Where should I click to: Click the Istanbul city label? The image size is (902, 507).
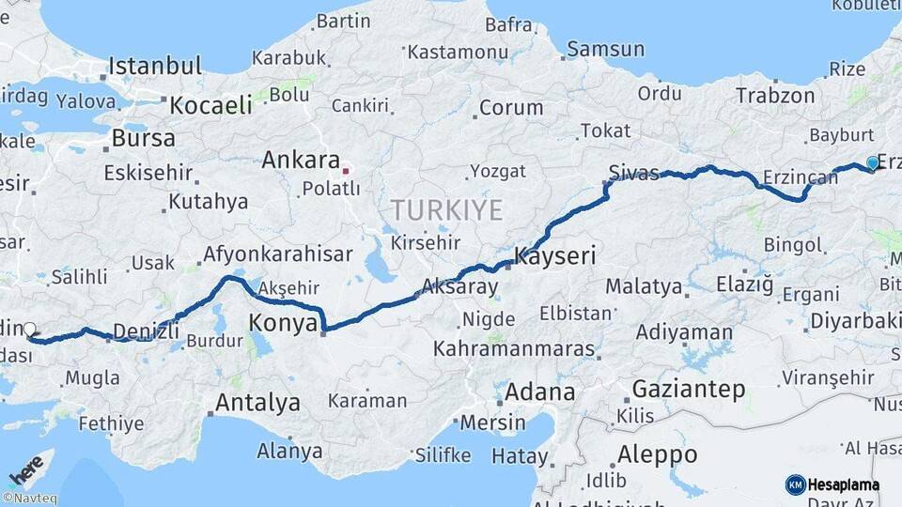155,66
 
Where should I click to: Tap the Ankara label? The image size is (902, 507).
300,160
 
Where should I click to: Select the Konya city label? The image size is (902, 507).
281,324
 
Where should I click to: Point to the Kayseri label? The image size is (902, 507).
555,255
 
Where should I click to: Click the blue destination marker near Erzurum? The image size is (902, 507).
872,162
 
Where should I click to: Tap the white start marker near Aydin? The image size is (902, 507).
29,330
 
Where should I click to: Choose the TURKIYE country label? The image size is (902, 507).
447,209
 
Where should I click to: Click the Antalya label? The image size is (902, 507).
257,404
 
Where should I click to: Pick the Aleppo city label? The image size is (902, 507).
657,455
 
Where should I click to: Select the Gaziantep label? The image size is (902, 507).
689,389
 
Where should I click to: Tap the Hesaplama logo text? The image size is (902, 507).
842,484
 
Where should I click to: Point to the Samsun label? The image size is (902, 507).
605,50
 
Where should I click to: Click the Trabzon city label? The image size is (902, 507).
775,96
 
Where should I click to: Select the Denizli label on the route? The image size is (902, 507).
146,330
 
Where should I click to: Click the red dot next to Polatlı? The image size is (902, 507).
346,171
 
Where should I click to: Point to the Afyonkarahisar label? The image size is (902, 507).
278,253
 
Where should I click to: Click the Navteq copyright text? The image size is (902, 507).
29,499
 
